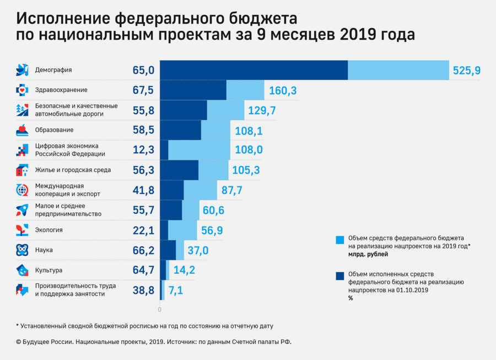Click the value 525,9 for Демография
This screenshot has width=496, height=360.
pyautogui.click(x=466, y=71)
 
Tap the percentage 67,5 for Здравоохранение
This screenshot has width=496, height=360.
pyautogui.click(x=143, y=90)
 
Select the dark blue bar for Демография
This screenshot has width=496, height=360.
pyautogui.click(x=254, y=70)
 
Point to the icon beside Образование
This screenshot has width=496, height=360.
pyautogui.click(x=22, y=130)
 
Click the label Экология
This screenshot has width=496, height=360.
pyautogui.click(x=48, y=230)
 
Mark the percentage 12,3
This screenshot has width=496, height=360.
pyautogui.click(x=143, y=150)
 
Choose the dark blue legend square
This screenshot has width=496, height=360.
pyautogui.click(x=340, y=276)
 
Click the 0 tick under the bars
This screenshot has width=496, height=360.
pyautogui.click(x=160, y=309)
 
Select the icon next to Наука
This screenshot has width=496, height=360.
pyautogui.click(x=22, y=250)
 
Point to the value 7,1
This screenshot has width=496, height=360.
pyautogui.click(x=176, y=291)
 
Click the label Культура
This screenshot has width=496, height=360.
pyautogui.click(x=48, y=270)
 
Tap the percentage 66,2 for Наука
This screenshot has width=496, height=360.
pyautogui.click(x=143, y=250)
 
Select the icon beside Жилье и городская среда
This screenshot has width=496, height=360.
pyautogui.click(x=22, y=170)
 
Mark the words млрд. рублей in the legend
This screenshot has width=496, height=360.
pyautogui.click(x=369, y=255)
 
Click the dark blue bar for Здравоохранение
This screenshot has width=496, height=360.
pyautogui.click(x=193, y=90)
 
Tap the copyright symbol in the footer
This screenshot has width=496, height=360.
pyautogui.click(x=19, y=342)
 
